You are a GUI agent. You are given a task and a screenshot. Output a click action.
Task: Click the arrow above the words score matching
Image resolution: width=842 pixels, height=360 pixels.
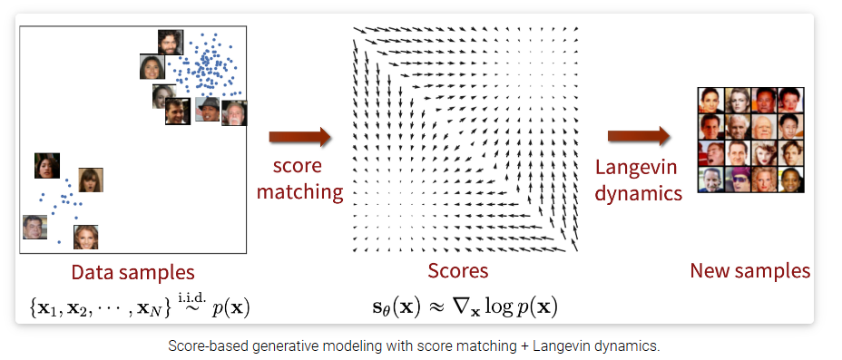(299, 138)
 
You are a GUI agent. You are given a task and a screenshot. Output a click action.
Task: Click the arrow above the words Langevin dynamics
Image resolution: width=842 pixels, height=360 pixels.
(638, 136)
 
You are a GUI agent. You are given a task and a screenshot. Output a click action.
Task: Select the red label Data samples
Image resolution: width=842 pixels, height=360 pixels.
(132, 272)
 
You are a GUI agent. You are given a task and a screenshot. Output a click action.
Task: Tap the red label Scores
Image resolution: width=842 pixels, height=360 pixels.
(458, 271)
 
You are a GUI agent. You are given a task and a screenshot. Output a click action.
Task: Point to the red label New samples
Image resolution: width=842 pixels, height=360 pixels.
(750, 270)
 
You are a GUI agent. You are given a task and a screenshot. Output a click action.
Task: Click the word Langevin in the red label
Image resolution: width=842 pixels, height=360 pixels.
(638, 168)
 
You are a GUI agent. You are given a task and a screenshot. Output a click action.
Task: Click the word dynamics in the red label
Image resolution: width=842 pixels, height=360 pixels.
(638, 192)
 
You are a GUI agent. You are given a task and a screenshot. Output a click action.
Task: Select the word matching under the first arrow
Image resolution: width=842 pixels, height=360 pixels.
(300, 191)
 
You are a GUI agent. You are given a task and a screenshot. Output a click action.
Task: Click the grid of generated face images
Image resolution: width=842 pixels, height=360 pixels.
(749, 140)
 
